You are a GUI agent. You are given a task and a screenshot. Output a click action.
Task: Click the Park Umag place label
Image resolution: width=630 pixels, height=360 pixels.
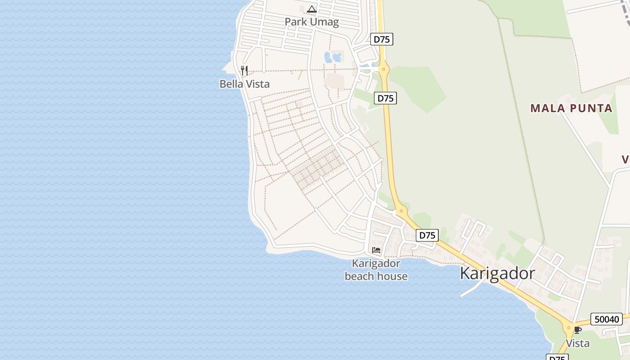pyautogui.click(x=311, y=22)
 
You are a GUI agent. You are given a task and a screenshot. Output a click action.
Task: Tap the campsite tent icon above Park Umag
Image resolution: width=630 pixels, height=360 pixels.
pyautogui.click(x=312, y=9)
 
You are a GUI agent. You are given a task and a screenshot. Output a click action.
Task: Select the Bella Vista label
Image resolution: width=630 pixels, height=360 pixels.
pyautogui.click(x=244, y=84)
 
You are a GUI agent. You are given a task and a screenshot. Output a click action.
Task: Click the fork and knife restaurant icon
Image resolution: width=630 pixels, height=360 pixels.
pyautogui.click(x=244, y=71)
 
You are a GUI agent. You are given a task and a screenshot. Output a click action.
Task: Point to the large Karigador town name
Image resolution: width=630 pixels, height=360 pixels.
pyautogui.click(x=497, y=274)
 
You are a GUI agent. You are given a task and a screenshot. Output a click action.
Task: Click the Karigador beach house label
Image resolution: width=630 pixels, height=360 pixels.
pyautogui.click(x=376, y=270)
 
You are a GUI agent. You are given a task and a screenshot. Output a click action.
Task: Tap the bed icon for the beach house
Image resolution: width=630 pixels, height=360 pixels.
pyautogui.click(x=376, y=250)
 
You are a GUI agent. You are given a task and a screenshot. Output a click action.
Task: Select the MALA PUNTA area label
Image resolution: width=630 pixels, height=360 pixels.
pyautogui.click(x=571, y=108)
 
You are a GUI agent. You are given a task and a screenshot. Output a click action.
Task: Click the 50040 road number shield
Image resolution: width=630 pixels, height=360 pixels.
pyautogui.click(x=606, y=319)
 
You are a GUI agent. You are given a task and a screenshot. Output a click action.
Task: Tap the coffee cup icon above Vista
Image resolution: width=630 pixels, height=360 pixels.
pyautogui.click(x=577, y=330)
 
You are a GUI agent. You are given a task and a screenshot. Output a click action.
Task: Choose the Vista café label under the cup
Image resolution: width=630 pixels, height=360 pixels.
pyautogui.click(x=577, y=343)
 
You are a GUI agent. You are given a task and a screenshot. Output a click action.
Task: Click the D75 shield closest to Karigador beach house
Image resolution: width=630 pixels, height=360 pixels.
pyautogui.click(x=427, y=235)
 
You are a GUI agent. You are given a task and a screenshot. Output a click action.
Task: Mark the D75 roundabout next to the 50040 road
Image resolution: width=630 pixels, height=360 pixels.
pyautogui.click(x=569, y=328)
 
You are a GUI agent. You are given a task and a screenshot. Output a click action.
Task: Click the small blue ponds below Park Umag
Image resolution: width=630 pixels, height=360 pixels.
pyautogui.click(x=332, y=57)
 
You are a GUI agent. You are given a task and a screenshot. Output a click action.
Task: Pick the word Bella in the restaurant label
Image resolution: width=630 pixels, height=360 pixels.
pyautogui.click(x=230, y=84)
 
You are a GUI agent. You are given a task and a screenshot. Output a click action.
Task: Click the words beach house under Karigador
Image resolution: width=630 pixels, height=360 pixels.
pyautogui.click(x=376, y=276)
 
